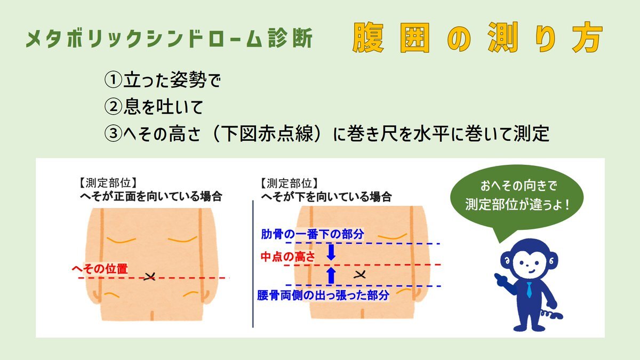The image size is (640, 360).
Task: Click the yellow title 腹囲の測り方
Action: point(478,38)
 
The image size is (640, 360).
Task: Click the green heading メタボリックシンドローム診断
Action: point(169,38)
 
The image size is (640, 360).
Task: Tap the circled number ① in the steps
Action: point(114,80)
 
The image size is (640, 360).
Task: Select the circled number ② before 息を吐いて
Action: point(114,107)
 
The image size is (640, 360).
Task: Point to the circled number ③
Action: point(114,133)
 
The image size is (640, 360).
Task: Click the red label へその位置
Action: point(100,269)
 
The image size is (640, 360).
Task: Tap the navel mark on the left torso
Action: point(149,276)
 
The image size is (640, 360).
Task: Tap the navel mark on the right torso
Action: point(359,275)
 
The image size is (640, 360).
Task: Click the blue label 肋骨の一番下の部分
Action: point(313,234)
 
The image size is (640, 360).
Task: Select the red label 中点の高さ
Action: point(287,257)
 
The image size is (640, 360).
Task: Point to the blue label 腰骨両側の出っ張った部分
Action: point(323,295)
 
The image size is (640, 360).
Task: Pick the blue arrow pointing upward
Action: point(331,275)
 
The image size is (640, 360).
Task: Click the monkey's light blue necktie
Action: point(529,290)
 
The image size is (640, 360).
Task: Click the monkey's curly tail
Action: point(551,314)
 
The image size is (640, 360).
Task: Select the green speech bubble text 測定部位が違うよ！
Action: point(517,204)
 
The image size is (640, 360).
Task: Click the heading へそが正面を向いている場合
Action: point(151,197)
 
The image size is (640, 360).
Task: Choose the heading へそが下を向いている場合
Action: point(326,197)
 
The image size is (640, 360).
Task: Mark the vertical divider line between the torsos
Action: point(253,263)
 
